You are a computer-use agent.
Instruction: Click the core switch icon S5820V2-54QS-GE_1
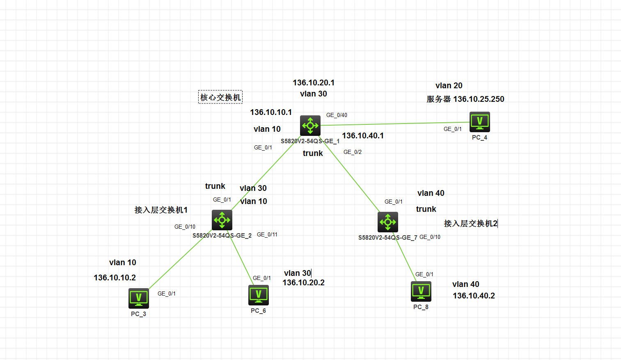tap(310, 126)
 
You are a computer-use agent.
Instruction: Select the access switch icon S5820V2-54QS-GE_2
tap(222, 220)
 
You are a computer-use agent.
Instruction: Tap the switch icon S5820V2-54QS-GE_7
tap(388, 222)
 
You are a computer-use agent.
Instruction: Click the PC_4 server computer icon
tap(479, 122)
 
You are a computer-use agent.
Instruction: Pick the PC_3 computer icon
tap(139, 298)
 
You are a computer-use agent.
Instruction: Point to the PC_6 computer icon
tap(259, 295)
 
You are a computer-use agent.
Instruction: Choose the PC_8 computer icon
tap(421, 291)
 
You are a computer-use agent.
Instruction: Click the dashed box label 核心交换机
tap(220, 97)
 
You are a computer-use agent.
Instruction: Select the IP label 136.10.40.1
tap(363, 135)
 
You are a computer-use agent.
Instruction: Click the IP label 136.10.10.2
tap(115, 277)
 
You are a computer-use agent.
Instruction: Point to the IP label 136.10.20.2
tap(303, 282)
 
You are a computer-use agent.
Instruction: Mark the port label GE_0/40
tap(337, 115)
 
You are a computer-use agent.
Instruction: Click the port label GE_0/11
tap(267, 234)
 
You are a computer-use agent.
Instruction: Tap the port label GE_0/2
tap(353, 152)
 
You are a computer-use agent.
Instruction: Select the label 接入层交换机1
tap(161, 210)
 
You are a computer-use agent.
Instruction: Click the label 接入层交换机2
tap(470, 223)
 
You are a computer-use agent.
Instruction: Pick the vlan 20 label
tap(449, 85)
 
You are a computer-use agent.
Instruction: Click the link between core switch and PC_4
tap(394, 124)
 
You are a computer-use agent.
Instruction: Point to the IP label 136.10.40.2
tap(474, 296)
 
